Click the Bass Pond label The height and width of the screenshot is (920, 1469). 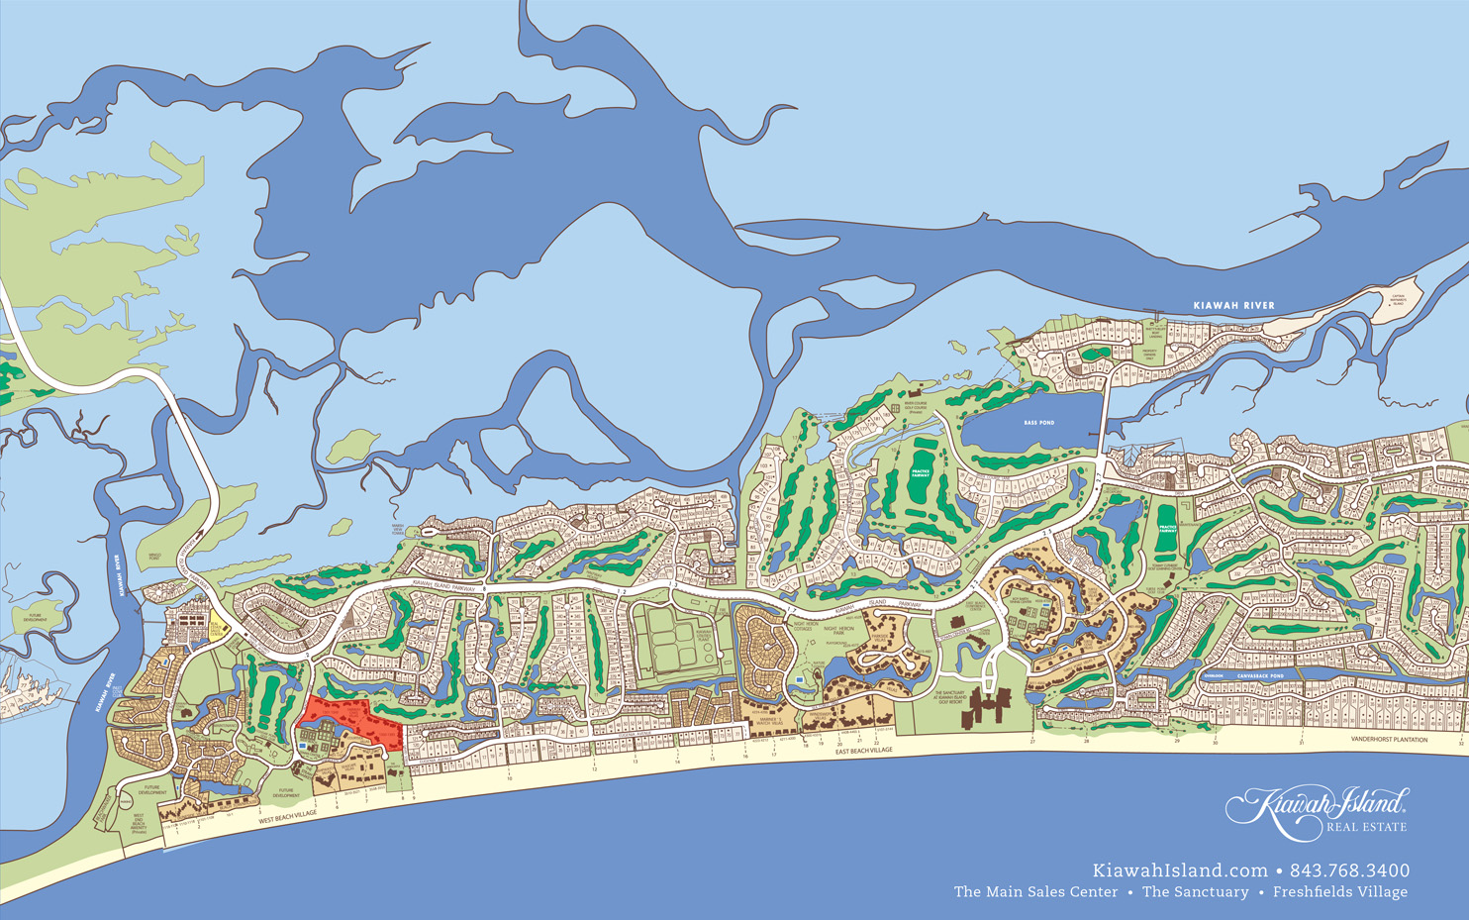pyautogui.click(x=1038, y=423)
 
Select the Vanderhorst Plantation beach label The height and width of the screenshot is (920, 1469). pyautogui.click(x=1389, y=740)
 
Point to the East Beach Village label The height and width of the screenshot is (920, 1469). pyautogui.click(x=863, y=751)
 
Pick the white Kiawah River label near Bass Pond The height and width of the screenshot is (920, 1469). pyautogui.click(x=1233, y=306)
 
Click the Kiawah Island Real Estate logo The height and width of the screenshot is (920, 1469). pyautogui.click(x=1318, y=809)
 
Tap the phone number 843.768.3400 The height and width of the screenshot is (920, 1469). pyautogui.click(x=1350, y=871)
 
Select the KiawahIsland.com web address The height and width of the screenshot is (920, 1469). pyautogui.click(x=1179, y=871)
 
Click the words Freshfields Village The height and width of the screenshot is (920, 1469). pyautogui.click(x=1339, y=892)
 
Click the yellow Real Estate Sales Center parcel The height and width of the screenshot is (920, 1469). pyautogui.click(x=217, y=626)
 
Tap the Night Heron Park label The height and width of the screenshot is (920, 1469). pyautogui.click(x=838, y=630)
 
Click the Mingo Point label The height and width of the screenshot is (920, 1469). pyautogui.click(x=153, y=558)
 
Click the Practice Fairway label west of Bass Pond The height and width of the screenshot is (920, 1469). pyautogui.click(x=921, y=473)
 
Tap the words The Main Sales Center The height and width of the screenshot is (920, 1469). pyautogui.click(x=1035, y=892)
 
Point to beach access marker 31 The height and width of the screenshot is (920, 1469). pyautogui.click(x=1301, y=742)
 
